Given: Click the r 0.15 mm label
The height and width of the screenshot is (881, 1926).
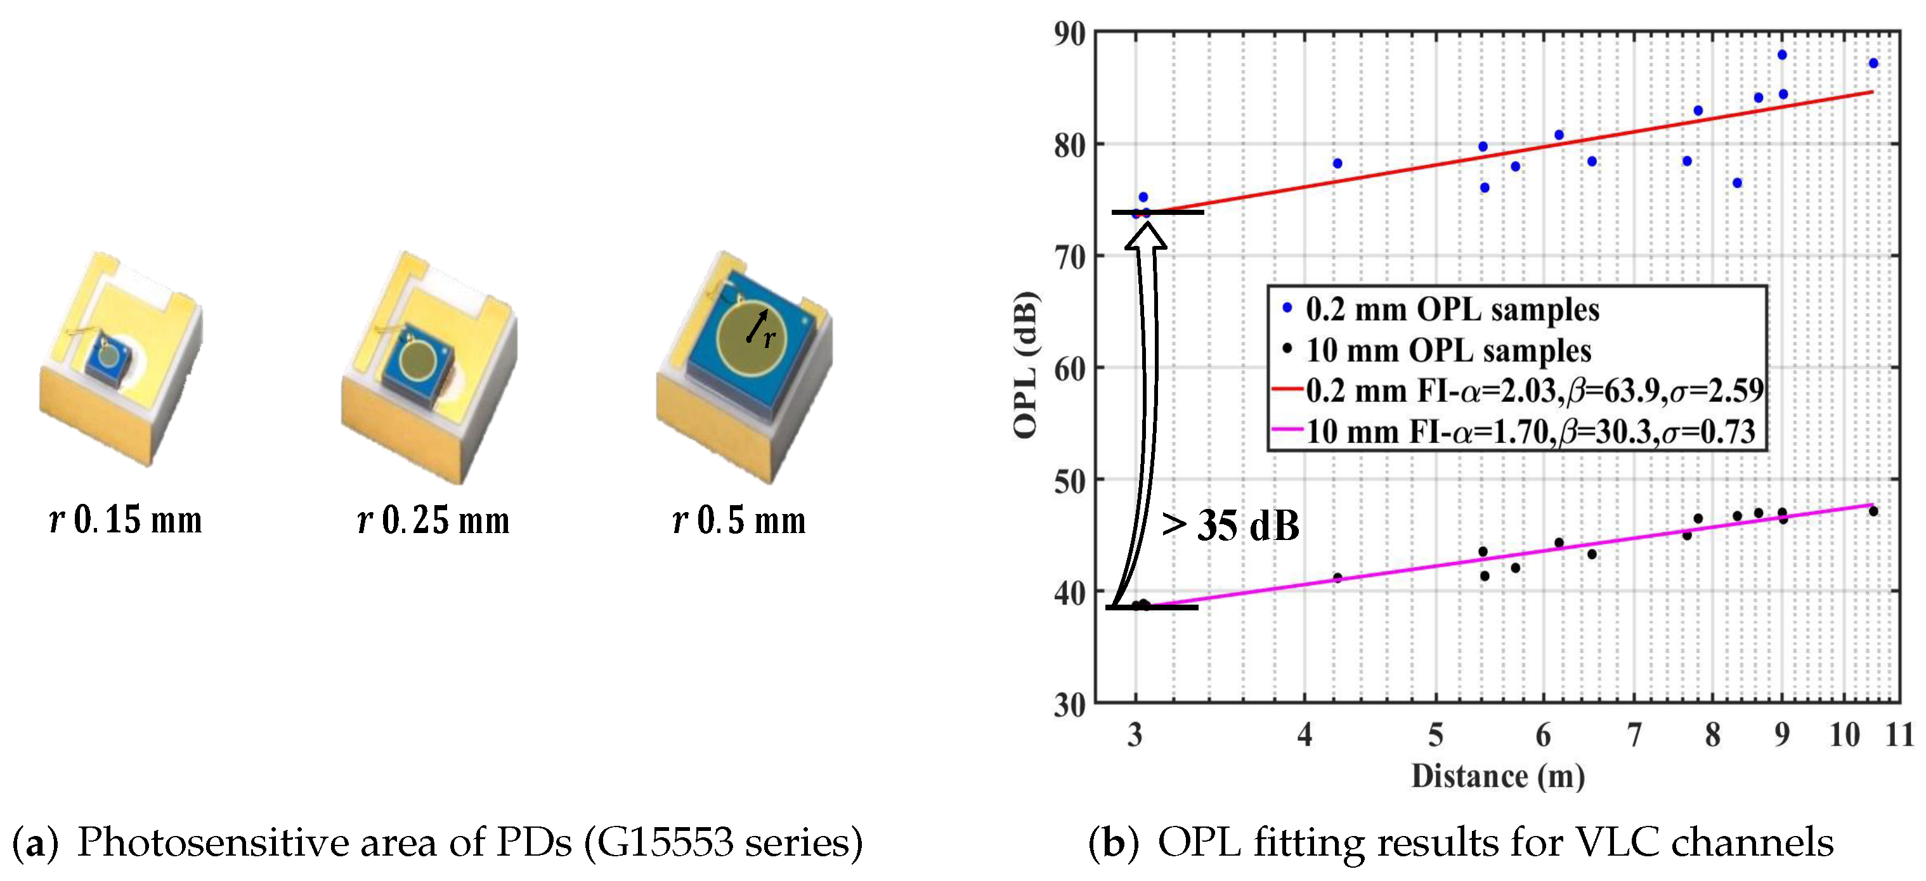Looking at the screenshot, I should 126,520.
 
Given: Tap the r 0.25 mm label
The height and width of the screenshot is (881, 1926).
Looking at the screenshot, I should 434,520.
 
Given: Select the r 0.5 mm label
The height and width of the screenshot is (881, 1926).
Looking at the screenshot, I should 739,520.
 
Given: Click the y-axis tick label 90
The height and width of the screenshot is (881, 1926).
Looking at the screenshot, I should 1069,34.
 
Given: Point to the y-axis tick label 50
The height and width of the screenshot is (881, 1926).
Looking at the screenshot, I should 1069,482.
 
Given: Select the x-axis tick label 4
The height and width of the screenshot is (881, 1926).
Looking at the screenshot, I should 1305,735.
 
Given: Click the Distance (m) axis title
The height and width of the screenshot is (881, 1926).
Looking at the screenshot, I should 1497,776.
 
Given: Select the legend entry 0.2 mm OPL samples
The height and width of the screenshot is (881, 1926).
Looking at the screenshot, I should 1451,309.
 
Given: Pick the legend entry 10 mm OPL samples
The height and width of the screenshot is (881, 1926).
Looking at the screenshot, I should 1447,350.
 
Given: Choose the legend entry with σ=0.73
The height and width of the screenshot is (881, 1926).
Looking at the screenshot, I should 1529,432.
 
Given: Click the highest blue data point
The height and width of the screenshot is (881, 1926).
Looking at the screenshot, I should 1781,55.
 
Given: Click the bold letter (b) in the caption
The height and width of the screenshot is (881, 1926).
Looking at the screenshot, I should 1113,843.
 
